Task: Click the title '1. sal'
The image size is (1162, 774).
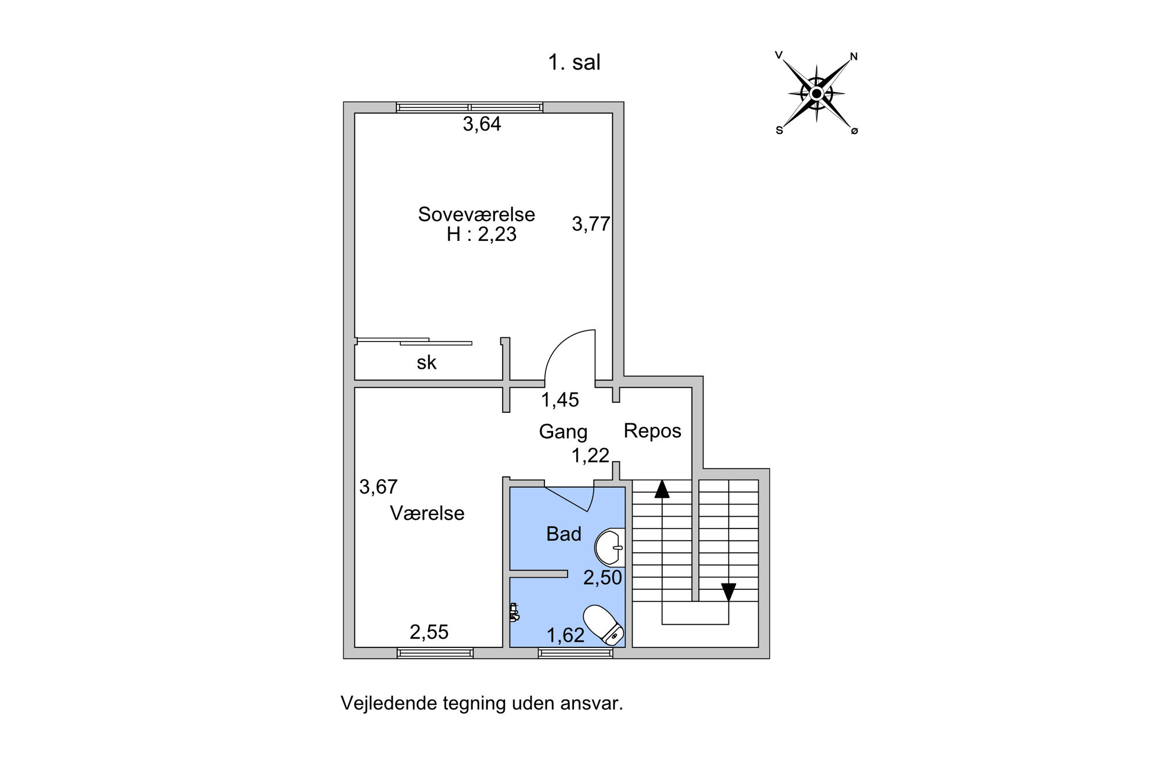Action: point(574,63)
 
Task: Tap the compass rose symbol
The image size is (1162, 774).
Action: point(816,93)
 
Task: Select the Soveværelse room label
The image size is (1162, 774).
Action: point(476,214)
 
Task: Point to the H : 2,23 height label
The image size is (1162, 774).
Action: point(482,235)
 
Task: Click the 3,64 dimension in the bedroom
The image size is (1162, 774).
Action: point(482,124)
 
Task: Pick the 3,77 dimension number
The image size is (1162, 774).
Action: point(591,224)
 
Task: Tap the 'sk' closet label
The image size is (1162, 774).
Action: point(426,363)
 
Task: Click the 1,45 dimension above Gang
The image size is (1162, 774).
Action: point(560,400)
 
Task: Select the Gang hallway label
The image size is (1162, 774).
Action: point(563,432)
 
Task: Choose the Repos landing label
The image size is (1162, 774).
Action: point(652,431)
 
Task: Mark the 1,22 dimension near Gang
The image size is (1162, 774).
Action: point(590,456)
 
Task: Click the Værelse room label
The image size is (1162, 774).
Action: point(427,513)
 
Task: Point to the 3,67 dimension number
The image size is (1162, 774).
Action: point(378,487)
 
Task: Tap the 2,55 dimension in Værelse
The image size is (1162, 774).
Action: point(429,632)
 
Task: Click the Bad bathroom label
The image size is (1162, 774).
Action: point(564,534)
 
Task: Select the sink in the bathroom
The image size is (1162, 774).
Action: point(610,547)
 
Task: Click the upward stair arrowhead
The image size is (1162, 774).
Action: point(662,489)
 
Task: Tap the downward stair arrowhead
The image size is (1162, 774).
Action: point(729,592)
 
